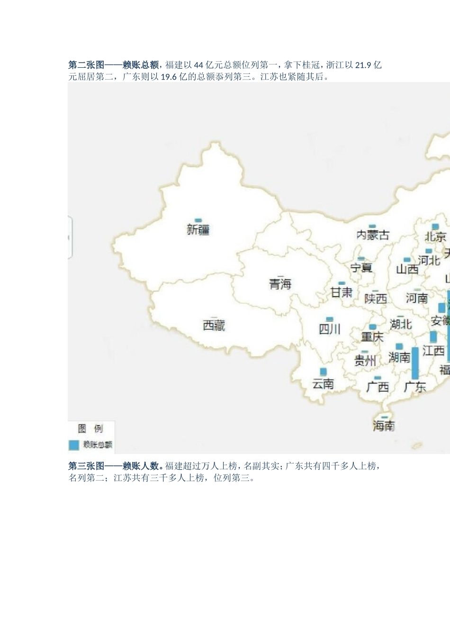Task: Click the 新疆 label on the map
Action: (198, 230)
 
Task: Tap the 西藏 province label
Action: (214, 325)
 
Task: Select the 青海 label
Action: (280, 284)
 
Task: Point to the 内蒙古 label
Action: (373, 235)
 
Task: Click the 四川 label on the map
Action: (329, 329)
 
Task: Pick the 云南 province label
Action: (323, 383)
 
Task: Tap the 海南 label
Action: (383, 426)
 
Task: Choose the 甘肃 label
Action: (341, 292)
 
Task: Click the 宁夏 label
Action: (361, 268)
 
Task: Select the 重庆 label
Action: (372, 337)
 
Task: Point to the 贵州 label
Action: (365, 361)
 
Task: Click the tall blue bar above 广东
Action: (415, 363)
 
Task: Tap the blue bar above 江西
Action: (433, 337)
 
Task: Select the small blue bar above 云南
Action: (323, 372)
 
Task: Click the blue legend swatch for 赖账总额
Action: (73, 445)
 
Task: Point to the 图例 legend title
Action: (90, 429)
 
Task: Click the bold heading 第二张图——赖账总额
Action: (114, 65)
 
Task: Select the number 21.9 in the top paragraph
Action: (363, 65)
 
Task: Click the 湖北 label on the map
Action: (401, 324)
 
